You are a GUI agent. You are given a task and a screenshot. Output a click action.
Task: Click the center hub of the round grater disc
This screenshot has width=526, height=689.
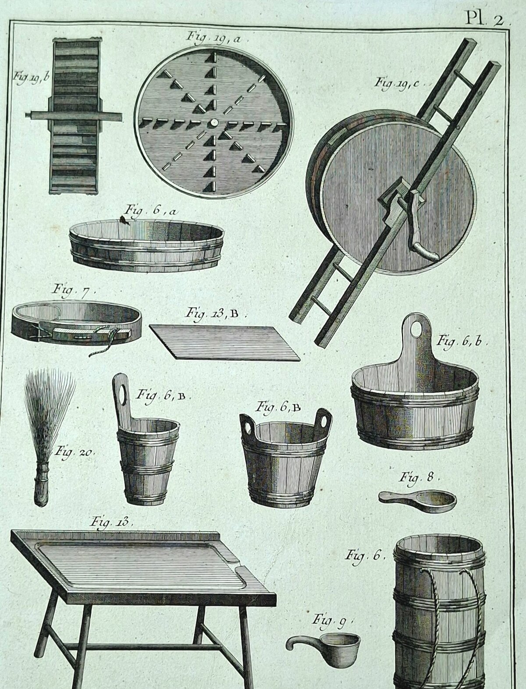[214, 122]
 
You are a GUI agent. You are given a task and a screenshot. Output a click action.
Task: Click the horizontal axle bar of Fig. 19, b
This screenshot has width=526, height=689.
[74, 117]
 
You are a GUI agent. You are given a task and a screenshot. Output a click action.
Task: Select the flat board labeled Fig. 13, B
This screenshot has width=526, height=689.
[224, 342]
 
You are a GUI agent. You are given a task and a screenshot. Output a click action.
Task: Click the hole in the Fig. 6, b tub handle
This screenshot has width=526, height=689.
[416, 329]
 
